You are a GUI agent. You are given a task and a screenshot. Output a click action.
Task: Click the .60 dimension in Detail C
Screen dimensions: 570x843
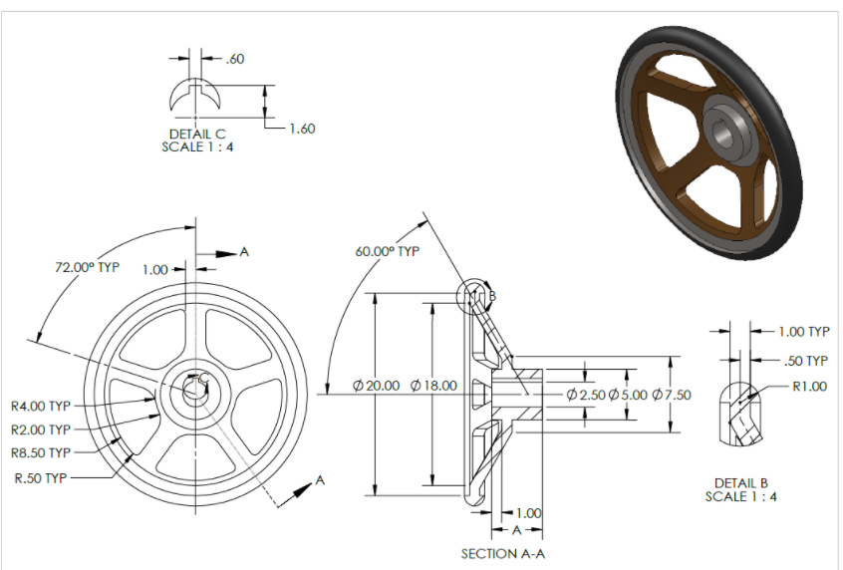(x=235, y=59)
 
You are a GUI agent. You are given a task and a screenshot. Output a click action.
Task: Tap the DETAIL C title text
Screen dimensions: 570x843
(x=197, y=133)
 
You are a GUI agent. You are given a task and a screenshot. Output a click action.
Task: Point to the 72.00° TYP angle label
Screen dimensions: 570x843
(x=88, y=268)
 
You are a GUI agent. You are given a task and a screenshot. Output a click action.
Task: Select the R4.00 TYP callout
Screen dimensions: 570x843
(x=41, y=406)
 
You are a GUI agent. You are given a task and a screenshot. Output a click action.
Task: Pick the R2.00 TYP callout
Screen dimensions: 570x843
(x=41, y=429)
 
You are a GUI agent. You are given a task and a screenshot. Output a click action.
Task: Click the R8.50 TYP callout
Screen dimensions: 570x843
(x=41, y=453)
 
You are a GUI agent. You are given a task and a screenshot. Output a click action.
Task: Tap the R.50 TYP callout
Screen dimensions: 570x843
(x=41, y=477)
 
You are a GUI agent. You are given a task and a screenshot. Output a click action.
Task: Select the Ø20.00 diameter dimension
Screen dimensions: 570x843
(x=377, y=385)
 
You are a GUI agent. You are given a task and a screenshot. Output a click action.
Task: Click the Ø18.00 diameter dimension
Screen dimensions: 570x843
(x=433, y=385)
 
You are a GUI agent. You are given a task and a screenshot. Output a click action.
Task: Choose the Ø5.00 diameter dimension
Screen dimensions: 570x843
(x=628, y=395)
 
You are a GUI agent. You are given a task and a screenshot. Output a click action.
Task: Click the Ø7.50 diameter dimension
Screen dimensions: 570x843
(x=671, y=395)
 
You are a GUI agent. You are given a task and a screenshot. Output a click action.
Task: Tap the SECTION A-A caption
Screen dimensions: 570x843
(x=503, y=553)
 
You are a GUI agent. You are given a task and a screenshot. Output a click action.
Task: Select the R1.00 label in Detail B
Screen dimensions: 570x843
(x=808, y=387)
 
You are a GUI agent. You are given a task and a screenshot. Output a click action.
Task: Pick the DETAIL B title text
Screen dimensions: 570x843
(x=740, y=483)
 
